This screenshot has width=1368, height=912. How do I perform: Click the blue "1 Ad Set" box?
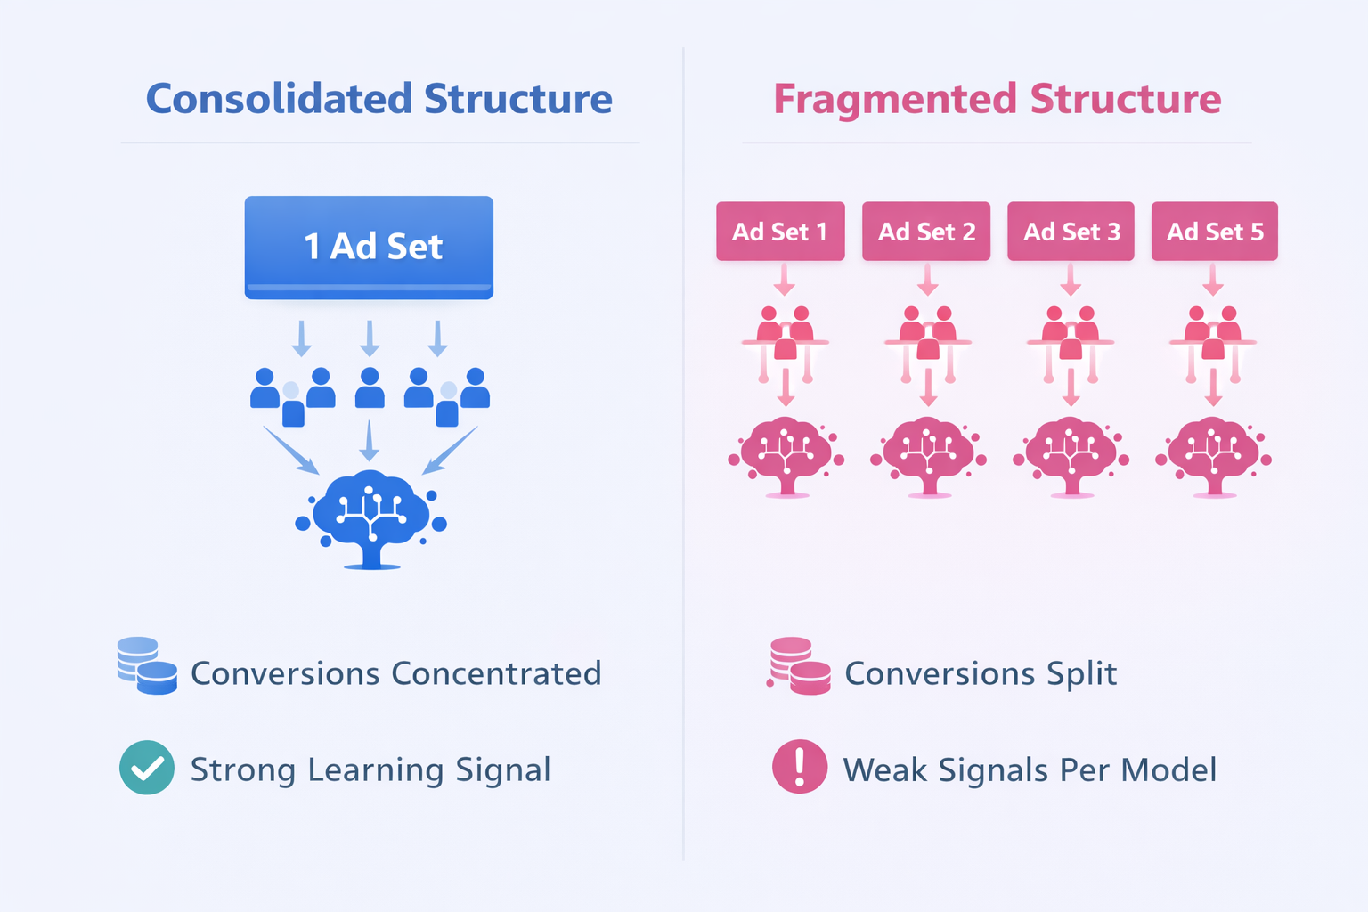pos(369,247)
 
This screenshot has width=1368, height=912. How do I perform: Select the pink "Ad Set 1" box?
pos(780,232)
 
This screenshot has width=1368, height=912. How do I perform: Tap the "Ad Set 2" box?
pos(926,232)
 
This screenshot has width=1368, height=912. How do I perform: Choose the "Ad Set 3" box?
pos(1071,232)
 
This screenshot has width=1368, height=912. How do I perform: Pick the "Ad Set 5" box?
pos(1214,232)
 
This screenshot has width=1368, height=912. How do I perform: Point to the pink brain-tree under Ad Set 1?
pos(786,455)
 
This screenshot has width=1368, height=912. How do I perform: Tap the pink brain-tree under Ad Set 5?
pos(1213,455)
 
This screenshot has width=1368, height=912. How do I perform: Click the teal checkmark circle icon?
pos(147,767)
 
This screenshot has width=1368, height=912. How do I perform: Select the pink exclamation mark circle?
pos(800,767)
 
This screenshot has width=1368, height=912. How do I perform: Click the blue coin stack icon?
pos(147,665)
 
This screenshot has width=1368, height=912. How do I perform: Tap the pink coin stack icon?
pos(799,665)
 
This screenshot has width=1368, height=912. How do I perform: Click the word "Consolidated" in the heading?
pos(279,99)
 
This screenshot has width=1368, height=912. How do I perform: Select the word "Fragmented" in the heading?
pos(895,99)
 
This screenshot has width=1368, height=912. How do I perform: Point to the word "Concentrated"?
pos(496,673)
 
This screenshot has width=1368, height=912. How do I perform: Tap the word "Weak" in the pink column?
pos(884,769)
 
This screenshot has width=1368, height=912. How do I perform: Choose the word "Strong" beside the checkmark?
pos(243,769)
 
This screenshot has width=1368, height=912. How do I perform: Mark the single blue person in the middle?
pos(370,388)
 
